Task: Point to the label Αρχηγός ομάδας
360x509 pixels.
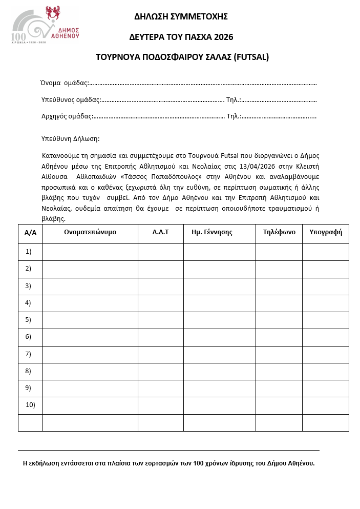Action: click(67, 116)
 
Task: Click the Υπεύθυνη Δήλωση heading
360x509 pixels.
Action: click(70, 138)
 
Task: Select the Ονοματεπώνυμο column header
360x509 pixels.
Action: click(90, 232)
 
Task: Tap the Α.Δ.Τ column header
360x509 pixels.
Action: click(160, 232)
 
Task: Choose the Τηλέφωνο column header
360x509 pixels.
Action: click(279, 232)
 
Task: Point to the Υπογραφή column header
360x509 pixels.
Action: click(325, 232)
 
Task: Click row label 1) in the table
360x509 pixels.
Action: click(29, 252)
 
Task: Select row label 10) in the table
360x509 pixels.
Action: click(30, 405)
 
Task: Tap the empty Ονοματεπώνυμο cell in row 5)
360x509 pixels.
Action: click(90, 320)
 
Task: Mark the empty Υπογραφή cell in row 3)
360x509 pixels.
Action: click(325, 286)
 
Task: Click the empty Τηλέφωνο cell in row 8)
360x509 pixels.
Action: click(279, 371)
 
